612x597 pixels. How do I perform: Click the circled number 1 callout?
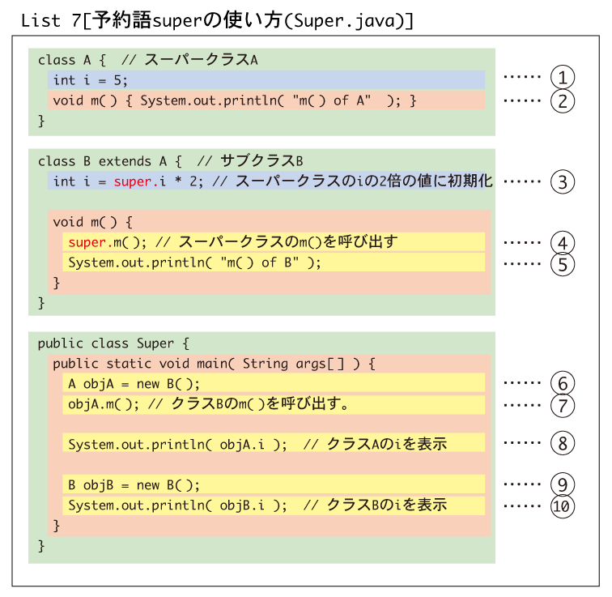[x=563, y=77]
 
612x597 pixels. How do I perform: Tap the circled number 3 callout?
[x=563, y=182]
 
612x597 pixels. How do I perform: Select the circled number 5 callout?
[x=563, y=264]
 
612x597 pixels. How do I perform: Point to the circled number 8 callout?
[x=563, y=443]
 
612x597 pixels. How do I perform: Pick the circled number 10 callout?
[x=563, y=506]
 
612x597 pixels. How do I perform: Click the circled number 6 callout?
[x=563, y=383]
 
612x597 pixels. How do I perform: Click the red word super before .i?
[x=133, y=182]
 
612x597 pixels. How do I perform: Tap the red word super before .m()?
[x=87, y=243]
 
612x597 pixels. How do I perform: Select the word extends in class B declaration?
[x=125, y=161]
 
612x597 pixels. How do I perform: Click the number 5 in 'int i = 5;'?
[x=117, y=80]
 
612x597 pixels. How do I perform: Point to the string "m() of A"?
[x=332, y=100]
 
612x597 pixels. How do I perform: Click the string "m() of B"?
[x=259, y=262]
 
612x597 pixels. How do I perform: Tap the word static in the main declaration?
[x=129, y=364]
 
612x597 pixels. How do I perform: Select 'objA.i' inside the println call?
[x=242, y=445]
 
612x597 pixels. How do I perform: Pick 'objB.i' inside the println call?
[x=242, y=505]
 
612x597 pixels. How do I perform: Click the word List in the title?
[x=40, y=21]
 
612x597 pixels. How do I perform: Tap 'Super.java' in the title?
[x=344, y=21]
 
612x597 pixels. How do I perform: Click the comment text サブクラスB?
[x=261, y=161]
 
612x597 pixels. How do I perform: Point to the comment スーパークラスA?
[x=201, y=60]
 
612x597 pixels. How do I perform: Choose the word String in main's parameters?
[x=266, y=364]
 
